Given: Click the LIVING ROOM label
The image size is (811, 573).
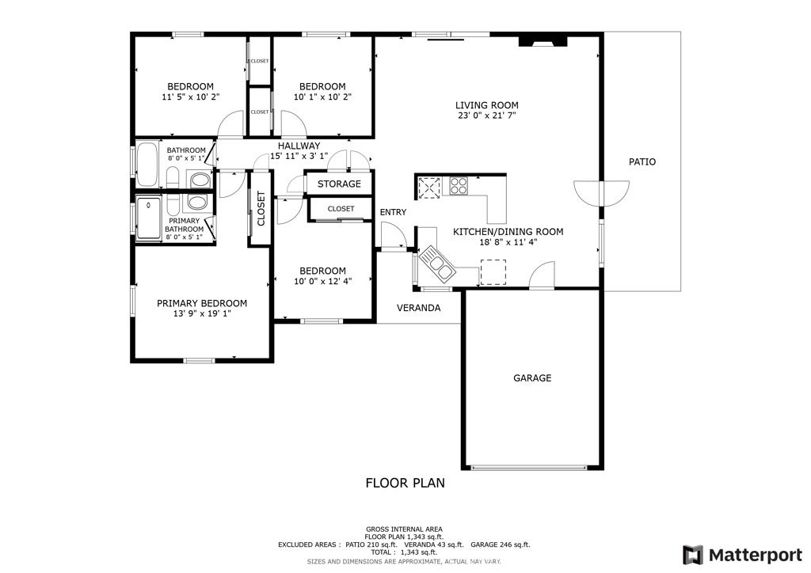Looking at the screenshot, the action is click(x=486, y=105).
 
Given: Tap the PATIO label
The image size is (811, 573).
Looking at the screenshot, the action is click(x=642, y=161).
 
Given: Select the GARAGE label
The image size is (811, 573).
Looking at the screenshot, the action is click(x=532, y=378).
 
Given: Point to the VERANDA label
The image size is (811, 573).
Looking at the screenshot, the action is click(x=418, y=308).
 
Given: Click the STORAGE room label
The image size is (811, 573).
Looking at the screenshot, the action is click(x=339, y=184).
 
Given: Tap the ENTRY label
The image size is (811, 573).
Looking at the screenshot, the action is click(x=393, y=212).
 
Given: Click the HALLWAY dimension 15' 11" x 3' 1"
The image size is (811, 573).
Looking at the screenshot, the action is click(x=299, y=156).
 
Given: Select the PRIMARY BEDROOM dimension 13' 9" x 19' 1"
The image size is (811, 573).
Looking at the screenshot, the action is click(x=202, y=313).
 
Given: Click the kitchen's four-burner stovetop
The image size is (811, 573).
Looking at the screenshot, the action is click(x=459, y=185).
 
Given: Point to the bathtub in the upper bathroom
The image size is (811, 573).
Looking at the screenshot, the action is click(x=147, y=165).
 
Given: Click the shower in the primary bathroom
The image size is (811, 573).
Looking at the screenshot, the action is click(x=148, y=217).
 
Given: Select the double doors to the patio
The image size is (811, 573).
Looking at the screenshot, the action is click(x=602, y=194).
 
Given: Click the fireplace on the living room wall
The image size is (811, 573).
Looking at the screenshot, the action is click(x=543, y=41).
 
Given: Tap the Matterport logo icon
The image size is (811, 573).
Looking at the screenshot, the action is click(x=692, y=555).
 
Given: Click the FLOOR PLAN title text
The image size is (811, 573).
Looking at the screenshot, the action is click(x=405, y=483).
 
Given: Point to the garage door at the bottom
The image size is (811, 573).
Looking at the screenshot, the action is click(x=529, y=468).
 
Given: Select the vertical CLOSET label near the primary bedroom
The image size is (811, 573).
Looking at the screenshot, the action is click(x=261, y=208).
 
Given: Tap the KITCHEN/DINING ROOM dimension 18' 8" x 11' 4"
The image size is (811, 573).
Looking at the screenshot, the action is click(x=508, y=242).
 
